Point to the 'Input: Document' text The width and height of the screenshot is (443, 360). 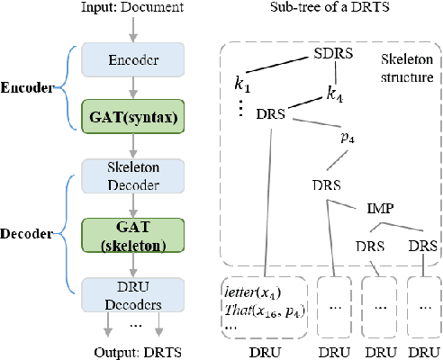[x=132, y=9]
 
